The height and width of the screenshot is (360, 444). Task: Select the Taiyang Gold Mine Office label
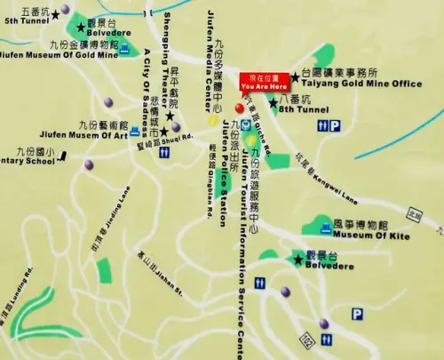(358, 84)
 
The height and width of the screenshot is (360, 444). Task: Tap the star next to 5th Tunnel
(55, 13)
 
